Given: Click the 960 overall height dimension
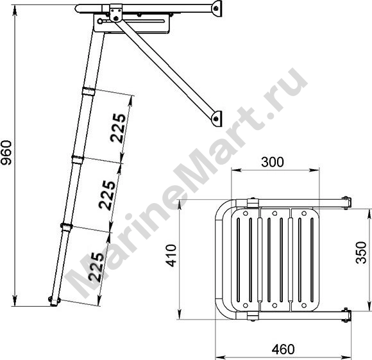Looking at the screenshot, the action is point(6,153).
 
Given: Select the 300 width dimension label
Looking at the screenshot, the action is point(273,162).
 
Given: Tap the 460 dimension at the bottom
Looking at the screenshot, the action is point(283,349).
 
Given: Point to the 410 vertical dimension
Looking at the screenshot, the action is point(171,256).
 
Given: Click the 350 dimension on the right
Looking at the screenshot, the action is point(362,252).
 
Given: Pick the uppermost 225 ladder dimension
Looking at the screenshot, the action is point(118,128).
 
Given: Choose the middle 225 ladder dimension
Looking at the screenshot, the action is point(107,195).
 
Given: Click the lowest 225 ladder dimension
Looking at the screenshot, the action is point(96,267).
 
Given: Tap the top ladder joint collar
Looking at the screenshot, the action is point(88,91).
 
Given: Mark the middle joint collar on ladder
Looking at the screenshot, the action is point(78,159).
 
